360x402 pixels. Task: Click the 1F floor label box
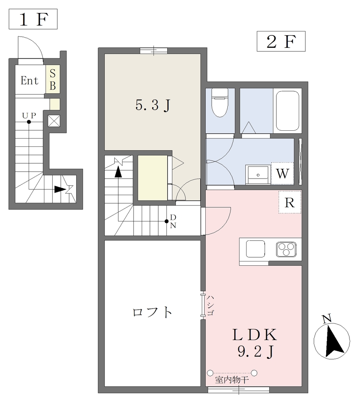pyautogui.click(x=33, y=19)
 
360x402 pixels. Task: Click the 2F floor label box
pyautogui.click(x=281, y=41)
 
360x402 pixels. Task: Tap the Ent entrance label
pyautogui.click(x=29, y=80)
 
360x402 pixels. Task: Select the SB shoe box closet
pyautogui.click(x=53, y=79)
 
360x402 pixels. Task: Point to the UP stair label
pyautogui.click(x=29, y=116)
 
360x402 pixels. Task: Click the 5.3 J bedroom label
pyautogui.click(x=153, y=105)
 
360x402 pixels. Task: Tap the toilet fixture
pyautogui.click(x=220, y=102)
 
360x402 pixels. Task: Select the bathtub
pyautogui.click(x=287, y=111)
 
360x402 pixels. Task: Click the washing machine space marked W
pyautogui.click(x=283, y=173)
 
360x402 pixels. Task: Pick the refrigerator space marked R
pyautogui.click(x=290, y=202)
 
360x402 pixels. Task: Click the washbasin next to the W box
pyautogui.click(x=258, y=174)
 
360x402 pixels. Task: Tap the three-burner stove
pyautogui.click(x=286, y=249)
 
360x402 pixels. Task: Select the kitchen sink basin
pyautogui.click(x=256, y=249)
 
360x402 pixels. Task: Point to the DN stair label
pyautogui.click(x=174, y=221)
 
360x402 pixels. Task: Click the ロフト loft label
pyautogui.click(x=152, y=312)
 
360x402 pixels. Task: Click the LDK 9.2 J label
pyautogui.click(x=255, y=343)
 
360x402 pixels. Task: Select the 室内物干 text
pyautogui.click(x=232, y=380)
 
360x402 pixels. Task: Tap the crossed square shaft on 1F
pyautogui.click(x=54, y=121)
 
